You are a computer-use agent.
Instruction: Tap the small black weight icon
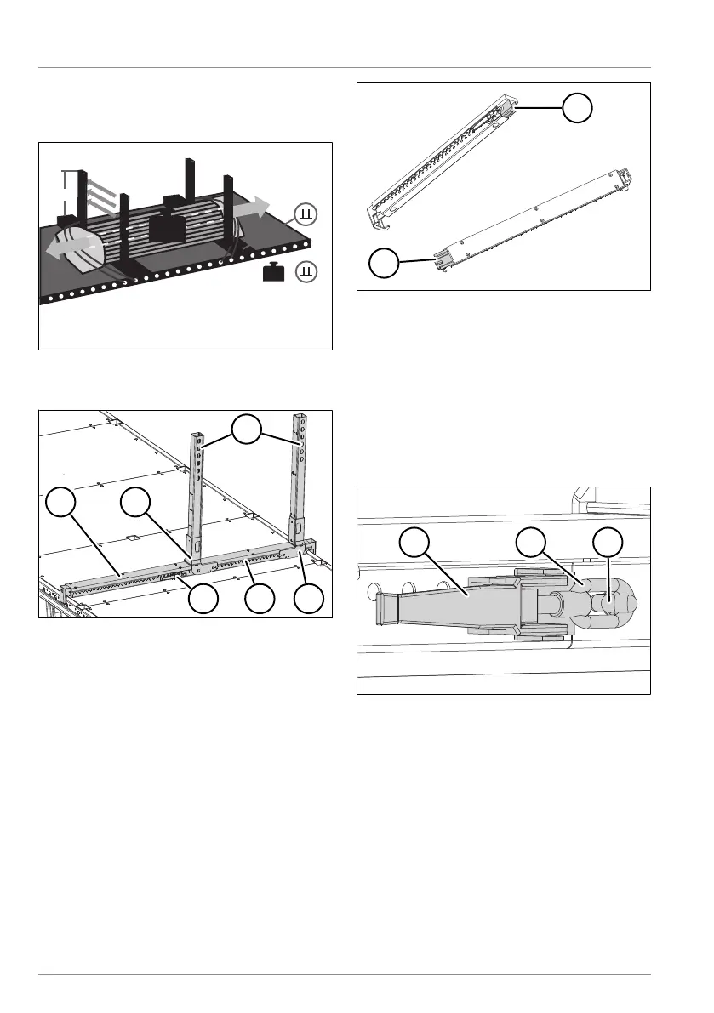274,272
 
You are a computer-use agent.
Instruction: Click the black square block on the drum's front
166,228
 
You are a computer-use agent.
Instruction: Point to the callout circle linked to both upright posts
248,429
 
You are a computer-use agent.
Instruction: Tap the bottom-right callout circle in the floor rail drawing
310,600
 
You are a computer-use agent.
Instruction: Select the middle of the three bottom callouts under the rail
260,600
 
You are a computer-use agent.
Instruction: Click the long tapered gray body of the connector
460,607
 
